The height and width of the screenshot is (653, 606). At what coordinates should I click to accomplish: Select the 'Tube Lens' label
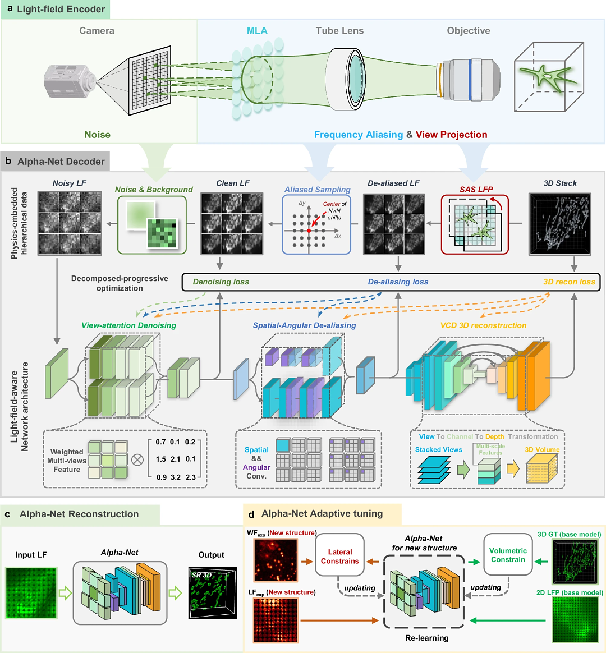point(339,31)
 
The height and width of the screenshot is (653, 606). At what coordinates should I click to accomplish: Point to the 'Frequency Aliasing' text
point(358,135)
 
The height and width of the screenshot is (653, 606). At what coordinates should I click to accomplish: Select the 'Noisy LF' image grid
point(70,223)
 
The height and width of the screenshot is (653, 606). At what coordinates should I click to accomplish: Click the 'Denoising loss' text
point(221,282)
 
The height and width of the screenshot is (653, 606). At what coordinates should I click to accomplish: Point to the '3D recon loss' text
point(569,282)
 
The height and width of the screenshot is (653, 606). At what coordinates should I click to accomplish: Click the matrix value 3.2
point(176,477)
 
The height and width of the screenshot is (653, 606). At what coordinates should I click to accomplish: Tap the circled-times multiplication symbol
point(137,459)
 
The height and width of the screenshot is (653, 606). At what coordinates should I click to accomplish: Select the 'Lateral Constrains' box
point(339,556)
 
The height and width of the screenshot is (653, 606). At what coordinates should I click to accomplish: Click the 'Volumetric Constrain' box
point(508,555)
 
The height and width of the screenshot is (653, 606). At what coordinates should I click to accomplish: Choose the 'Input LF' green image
point(31,592)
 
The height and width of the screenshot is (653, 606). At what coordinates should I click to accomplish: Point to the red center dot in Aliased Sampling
point(309,231)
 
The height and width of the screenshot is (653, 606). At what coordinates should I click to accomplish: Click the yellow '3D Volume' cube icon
point(541,468)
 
